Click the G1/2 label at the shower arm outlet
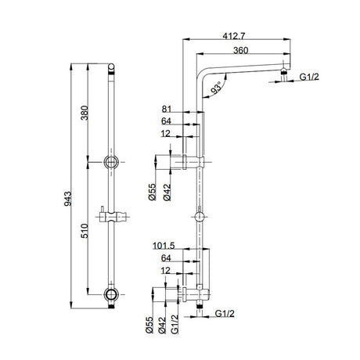pos(311,77)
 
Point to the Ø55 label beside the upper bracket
pos(153,192)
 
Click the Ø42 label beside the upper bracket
pos(165,192)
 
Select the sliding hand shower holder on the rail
pos(113,214)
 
